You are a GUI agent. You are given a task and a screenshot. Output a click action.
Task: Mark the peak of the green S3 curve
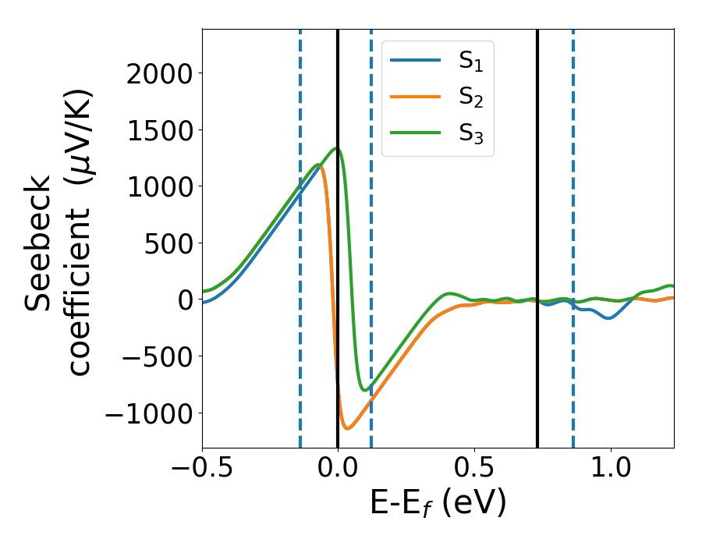coord(337,148)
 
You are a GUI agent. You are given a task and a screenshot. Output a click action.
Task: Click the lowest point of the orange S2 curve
coord(348,428)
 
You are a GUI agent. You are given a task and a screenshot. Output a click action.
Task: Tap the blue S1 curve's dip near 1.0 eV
coord(608,318)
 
